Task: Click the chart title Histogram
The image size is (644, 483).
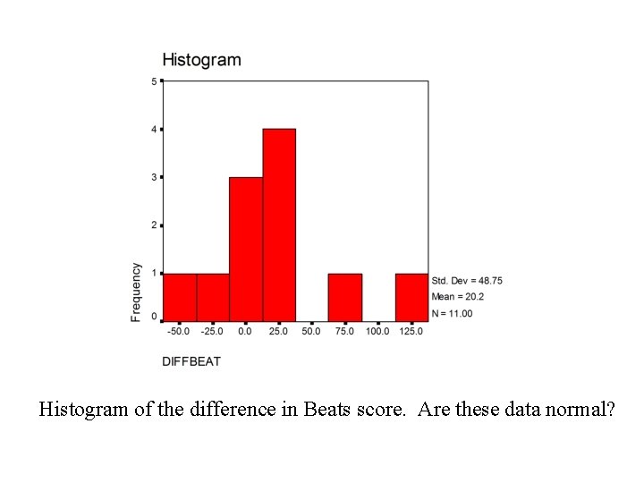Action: coord(201,61)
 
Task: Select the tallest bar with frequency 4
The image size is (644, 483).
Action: coord(279,225)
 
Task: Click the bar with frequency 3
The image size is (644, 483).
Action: coord(246,249)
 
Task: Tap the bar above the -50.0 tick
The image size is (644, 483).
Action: coord(179,297)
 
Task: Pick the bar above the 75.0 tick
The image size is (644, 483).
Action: coord(345,297)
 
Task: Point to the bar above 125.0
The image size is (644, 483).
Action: coord(411,297)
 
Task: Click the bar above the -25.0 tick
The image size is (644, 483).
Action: coord(213,297)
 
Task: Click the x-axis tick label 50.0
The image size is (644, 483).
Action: coord(311,332)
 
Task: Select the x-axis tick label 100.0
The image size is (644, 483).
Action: coord(377,332)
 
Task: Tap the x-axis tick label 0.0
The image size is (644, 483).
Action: coord(246,332)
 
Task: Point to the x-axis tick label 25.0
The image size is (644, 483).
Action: coord(278,332)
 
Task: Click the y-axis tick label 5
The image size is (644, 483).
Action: coord(154,81)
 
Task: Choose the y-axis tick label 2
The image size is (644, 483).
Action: coord(154,225)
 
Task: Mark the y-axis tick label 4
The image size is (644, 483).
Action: coord(154,130)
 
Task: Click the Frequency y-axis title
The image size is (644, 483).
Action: coord(136,292)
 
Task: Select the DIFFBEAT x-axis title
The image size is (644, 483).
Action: coord(191,361)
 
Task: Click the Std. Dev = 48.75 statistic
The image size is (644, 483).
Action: coord(467,281)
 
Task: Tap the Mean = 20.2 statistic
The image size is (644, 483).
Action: coord(458,297)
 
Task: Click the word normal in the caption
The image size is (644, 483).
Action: coord(578,411)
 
